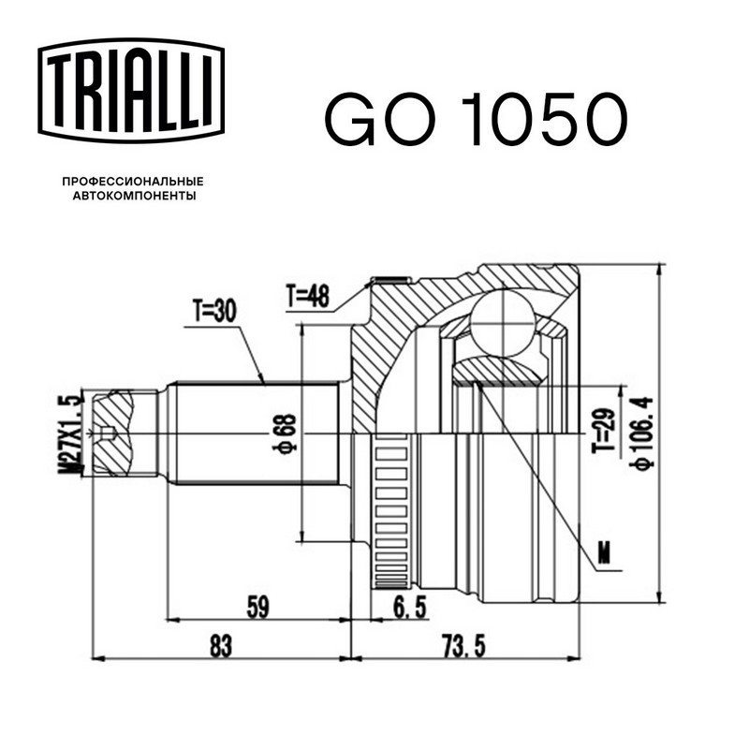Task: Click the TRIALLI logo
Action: [131, 91]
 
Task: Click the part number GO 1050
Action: [477, 119]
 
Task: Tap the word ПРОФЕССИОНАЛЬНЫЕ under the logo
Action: [133, 182]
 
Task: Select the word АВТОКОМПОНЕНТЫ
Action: [134, 196]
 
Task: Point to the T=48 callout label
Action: [308, 296]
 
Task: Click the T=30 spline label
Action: [214, 312]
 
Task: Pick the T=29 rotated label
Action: [603, 431]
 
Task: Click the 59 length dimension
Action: [258, 607]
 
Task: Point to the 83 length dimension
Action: [221, 646]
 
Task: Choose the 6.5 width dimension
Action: [409, 607]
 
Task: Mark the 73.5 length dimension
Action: [463, 646]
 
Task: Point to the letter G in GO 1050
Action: [349, 119]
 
